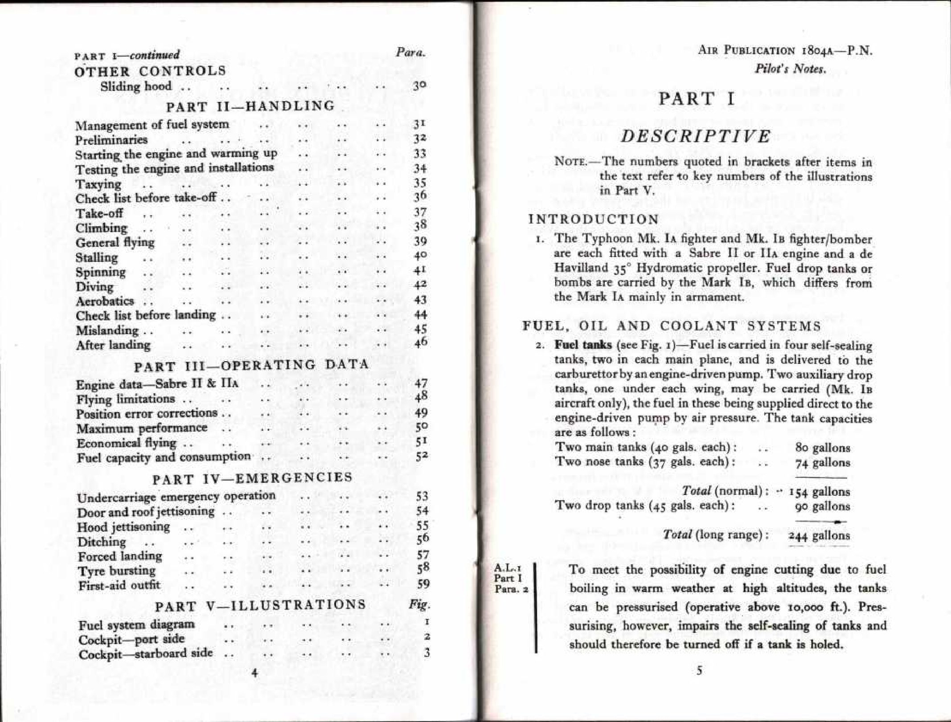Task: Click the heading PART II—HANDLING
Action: click(250, 107)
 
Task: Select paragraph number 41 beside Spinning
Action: click(420, 270)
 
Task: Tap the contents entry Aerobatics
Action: click(105, 301)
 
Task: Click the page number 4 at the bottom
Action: click(254, 673)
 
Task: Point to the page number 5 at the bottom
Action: click(699, 670)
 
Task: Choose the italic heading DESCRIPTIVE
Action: click(696, 136)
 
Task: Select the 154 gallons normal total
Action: click(819, 492)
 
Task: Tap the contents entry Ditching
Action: click(102, 542)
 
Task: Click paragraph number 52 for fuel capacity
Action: click(421, 457)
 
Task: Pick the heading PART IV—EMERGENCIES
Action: click(252, 479)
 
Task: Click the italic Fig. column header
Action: click(420, 605)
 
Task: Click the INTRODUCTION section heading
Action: click(594, 219)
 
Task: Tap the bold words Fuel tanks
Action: click(583, 345)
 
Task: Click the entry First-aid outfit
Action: click(119, 585)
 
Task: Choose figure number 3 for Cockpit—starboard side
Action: click(426, 653)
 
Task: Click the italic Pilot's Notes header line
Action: click(790, 69)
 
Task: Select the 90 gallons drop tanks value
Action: click(823, 506)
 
